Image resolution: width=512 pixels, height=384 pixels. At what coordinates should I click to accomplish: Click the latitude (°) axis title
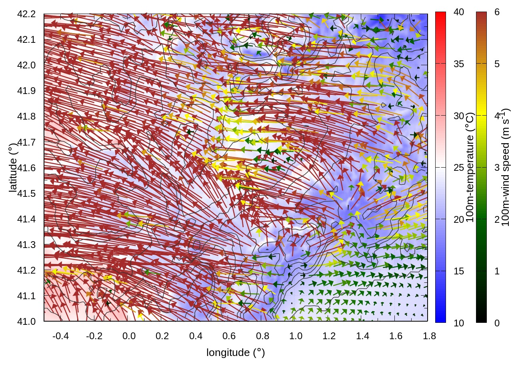click(13, 168)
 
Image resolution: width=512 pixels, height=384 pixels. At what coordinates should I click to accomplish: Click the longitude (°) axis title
click(236, 352)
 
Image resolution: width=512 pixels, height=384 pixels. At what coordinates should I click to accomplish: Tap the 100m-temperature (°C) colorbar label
click(470, 168)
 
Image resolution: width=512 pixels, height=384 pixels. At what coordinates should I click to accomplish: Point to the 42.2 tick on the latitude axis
click(26, 14)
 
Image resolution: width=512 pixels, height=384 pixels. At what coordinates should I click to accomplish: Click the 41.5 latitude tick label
click(26, 194)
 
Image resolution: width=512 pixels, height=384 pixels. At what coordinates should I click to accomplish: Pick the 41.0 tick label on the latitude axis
click(26, 322)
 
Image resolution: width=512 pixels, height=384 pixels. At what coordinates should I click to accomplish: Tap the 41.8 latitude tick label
click(26, 116)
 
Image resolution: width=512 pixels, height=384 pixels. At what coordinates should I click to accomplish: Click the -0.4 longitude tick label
click(60, 336)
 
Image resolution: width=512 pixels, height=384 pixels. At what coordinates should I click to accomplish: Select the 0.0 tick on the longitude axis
click(129, 336)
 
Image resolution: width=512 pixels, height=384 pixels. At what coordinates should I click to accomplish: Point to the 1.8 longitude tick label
click(429, 336)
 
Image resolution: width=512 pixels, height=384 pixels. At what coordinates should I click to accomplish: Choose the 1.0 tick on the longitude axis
click(296, 336)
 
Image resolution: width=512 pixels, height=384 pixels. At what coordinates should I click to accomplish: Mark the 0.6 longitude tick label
click(229, 336)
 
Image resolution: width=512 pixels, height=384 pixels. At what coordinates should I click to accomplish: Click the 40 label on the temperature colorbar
click(459, 12)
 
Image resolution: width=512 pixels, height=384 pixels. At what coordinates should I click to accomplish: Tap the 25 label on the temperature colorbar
click(459, 168)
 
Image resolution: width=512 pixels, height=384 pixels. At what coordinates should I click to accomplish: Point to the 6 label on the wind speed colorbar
click(497, 12)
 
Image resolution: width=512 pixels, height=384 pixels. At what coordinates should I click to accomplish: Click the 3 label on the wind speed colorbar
click(497, 168)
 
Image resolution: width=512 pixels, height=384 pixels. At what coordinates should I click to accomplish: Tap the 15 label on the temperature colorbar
click(459, 271)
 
